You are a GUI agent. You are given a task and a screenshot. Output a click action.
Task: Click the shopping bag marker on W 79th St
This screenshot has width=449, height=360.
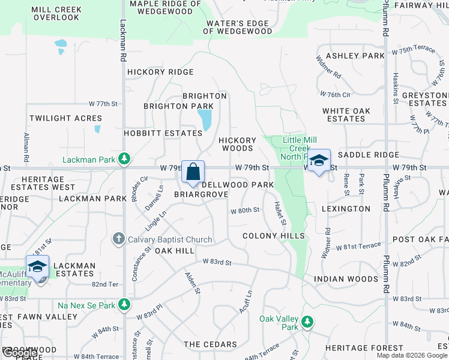pyautogui.click(x=193, y=172)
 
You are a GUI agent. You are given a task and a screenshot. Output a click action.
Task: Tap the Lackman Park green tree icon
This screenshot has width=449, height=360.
pyautogui.click(x=124, y=159)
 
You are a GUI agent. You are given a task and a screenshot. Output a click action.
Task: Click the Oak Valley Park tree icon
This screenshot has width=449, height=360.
pyautogui.click(x=307, y=322)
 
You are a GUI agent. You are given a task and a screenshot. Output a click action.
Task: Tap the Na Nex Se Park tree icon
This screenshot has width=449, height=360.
pyautogui.click(x=124, y=305)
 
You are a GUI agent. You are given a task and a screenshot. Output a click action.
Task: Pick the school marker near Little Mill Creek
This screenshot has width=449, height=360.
pyautogui.click(x=319, y=161)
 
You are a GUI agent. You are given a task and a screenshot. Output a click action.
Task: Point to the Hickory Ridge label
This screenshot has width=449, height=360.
pyautogui.click(x=160, y=72)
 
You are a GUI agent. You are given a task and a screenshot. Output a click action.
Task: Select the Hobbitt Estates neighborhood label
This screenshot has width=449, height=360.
pyautogui.click(x=163, y=133)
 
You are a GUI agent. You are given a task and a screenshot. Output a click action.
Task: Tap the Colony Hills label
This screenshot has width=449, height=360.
pyautogui.click(x=274, y=236)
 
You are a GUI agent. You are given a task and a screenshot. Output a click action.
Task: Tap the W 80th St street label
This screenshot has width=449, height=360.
pyautogui.click(x=245, y=210)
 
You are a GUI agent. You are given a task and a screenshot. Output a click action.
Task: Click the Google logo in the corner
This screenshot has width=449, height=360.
pyautogui.click(x=20, y=353)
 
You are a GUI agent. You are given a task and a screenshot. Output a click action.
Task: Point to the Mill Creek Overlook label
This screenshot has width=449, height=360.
pyautogui.click(x=56, y=14)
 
